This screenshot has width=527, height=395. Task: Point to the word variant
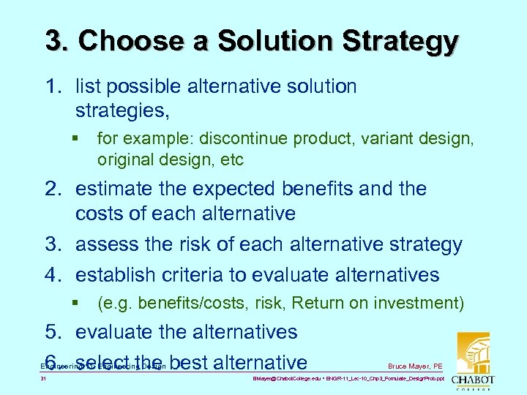(x=394, y=138)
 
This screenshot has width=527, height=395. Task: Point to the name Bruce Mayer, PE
(x=415, y=366)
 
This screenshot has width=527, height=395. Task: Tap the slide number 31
(x=45, y=380)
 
